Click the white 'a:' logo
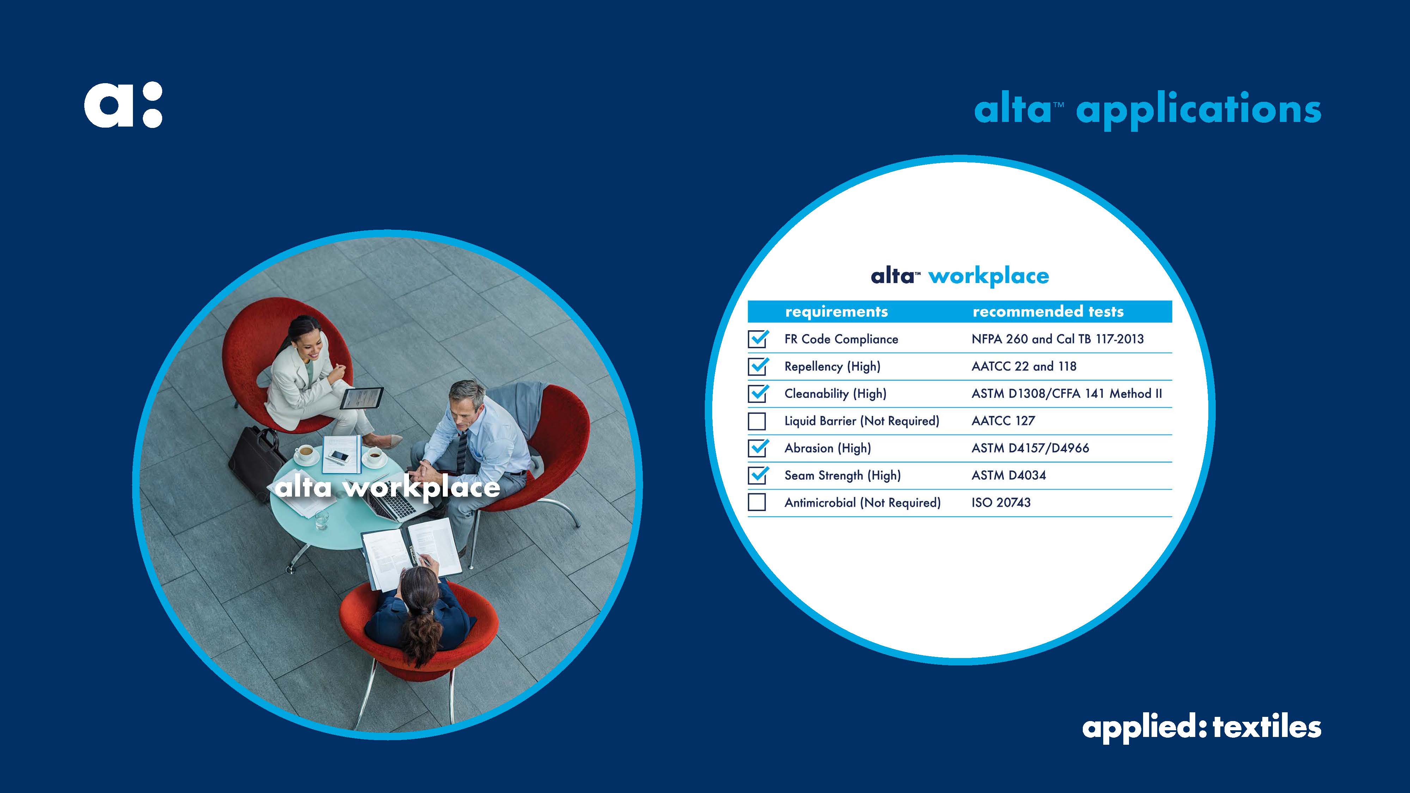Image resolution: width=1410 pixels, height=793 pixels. click(123, 105)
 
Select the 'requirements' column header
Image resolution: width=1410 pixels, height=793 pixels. click(836, 312)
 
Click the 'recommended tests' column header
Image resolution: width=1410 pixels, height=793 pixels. click(1048, 312)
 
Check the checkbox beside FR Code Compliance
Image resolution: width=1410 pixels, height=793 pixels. click(758, 339)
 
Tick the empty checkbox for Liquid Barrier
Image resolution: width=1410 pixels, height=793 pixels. click(757, 421)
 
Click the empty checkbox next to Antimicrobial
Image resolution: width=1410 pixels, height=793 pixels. click(757, 502)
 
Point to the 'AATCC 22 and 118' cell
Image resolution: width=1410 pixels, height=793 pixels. click(1024, 366)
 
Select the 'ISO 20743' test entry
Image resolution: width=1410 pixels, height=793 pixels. click(1001, 502)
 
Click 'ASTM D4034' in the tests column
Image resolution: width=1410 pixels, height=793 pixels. click(1008, 475)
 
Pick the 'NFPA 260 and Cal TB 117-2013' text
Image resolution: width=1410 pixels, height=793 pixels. click(1057, 339)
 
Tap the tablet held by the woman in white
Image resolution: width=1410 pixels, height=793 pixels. click(361, 398)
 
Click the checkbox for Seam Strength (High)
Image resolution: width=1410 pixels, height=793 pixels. click(758, 475)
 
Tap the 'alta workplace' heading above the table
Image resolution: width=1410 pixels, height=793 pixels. click(959, 276)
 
